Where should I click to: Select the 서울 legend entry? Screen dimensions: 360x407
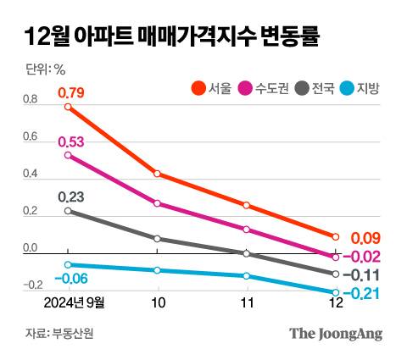coord(211,87)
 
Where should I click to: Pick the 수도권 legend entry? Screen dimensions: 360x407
coord(265,87)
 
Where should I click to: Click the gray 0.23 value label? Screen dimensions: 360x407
coord(71,197)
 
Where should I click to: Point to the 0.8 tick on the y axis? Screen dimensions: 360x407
coord(31,100)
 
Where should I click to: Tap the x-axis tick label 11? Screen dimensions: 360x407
coord(246,302)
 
